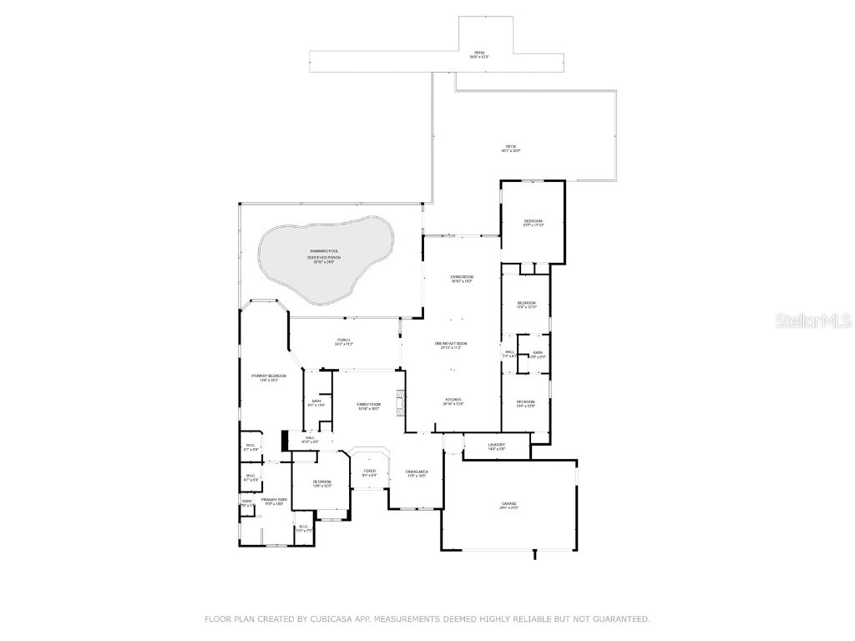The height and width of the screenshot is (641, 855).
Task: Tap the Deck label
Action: coord(510,147)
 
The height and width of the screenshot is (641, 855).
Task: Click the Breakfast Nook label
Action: coord(450,344)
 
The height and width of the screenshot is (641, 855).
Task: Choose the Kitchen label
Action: coord(453,401)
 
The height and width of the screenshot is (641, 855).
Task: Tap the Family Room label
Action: coord(369,404)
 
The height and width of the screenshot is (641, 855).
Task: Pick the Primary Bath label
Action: coord(274,499)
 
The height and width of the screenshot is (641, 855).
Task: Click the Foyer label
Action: coord(369,472)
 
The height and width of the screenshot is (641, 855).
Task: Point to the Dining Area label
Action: coord(417,472)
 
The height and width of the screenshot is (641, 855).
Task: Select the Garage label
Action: coord(508,503)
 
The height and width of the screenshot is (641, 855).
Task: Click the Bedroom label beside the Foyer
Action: coord(322,482)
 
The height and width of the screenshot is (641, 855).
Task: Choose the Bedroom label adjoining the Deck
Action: coord(533,221)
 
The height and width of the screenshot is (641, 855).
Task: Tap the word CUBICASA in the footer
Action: coord(326,618)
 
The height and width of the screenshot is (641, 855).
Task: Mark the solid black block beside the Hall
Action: coord(286,439)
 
